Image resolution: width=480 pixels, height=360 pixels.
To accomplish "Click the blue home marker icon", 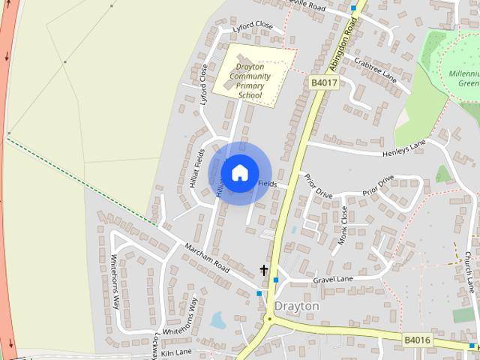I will coord(239,172).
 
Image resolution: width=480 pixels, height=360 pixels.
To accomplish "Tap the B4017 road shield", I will coord(321,82).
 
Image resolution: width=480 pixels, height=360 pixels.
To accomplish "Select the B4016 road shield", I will coord(417,340).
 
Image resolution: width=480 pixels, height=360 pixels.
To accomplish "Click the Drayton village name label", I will coord(296,306).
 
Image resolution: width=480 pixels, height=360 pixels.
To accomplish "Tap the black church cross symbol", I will coord(264,270).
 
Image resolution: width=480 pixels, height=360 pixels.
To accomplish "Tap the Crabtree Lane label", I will coord(375,68).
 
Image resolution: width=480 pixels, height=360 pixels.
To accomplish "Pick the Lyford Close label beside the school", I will coord(202,84).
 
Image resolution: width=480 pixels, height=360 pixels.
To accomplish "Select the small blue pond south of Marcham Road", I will coord(217,321).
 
